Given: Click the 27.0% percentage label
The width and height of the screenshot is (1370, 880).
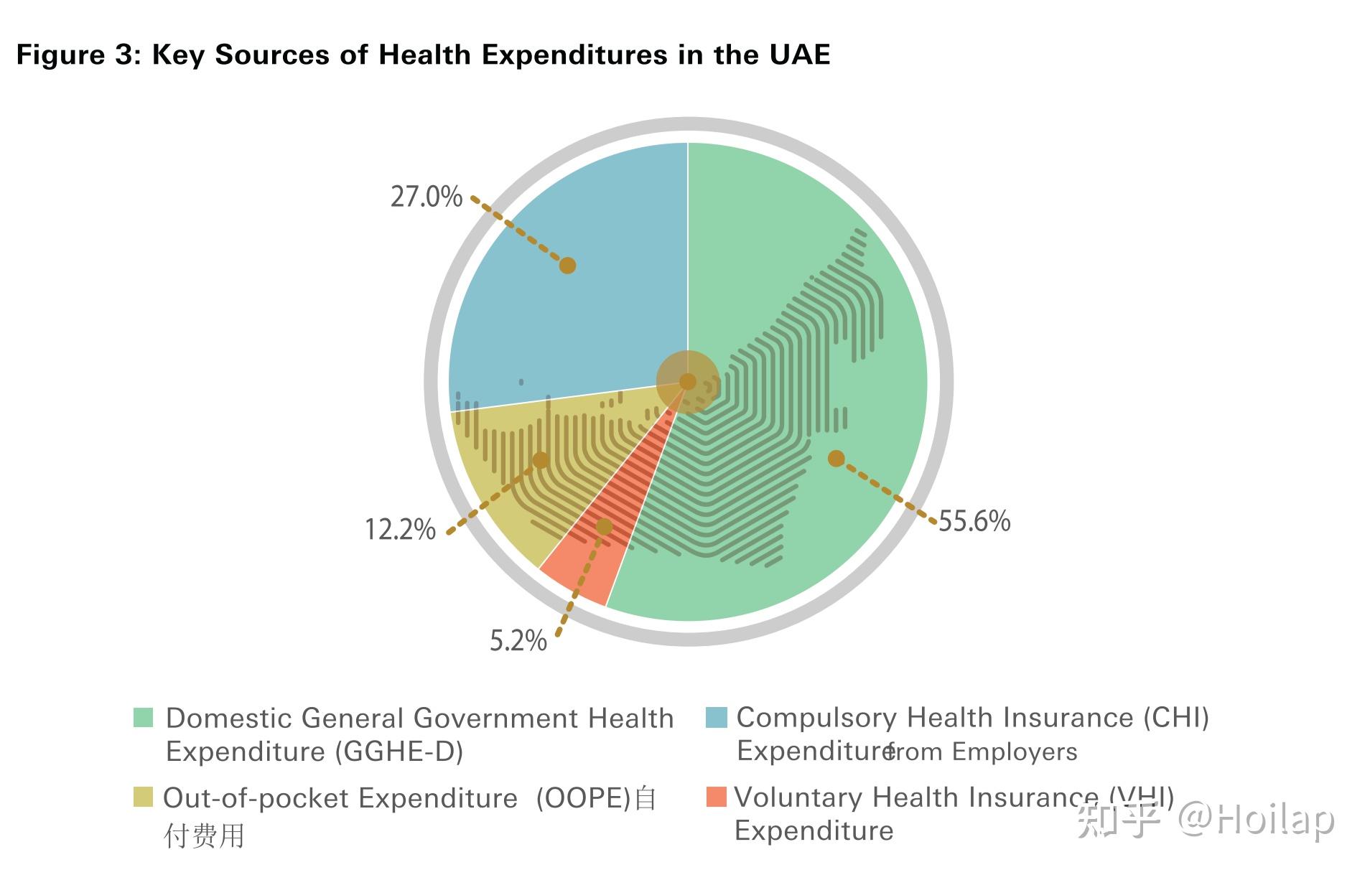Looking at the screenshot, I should click(x=426, y=197).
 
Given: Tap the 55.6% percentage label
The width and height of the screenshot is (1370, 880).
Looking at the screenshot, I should click(x=974, y=521).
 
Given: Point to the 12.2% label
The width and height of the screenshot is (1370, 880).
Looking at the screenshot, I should click(x=400, y=530).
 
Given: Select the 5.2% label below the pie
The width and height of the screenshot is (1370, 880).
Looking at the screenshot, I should click(x=518, y=640).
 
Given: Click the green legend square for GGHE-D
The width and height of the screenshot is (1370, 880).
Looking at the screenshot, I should click(x=144, y=718).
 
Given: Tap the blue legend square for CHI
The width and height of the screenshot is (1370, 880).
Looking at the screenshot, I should click(x=716, y=717).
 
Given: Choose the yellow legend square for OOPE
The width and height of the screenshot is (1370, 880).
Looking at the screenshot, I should click(x=144, y=797).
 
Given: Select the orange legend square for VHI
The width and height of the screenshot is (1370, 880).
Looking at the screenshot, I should click(x=716, y=797).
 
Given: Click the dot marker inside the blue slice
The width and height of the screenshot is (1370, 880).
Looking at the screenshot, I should click(x=567, y=266).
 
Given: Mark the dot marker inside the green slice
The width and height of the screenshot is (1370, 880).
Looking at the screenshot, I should click(x=836, y=458).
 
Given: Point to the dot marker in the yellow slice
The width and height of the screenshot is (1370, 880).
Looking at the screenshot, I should click(x=541, y=460).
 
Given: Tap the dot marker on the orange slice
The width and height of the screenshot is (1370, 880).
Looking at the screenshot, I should click(x=604, y=527).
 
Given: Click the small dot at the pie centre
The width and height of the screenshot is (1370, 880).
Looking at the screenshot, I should click(x=687, y=381).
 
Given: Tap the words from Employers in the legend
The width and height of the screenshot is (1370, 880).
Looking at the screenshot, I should click(x=982, y=752).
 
